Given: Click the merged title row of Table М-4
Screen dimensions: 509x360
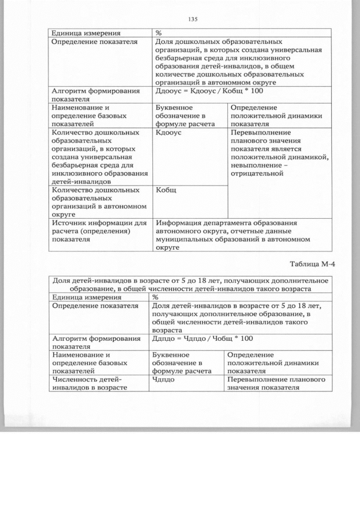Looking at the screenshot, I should tap(190, 284).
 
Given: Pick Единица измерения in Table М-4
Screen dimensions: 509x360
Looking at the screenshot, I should tap(85, 296).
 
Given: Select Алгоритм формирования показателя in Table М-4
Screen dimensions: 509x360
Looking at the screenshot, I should tap(95, 343).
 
